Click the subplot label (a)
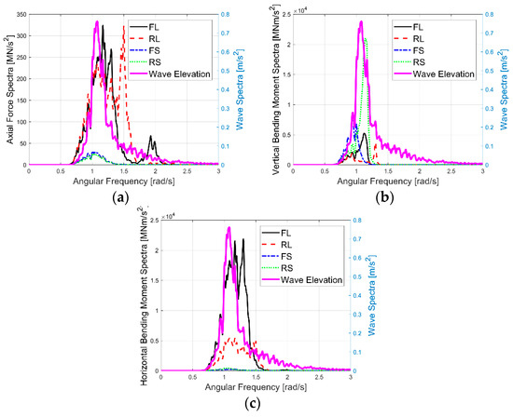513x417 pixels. click(x=120, y=197)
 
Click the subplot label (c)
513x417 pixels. click(x=254, y=403)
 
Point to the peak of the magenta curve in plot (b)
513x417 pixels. click(x=361, y=21)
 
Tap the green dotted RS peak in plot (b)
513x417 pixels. click(x=367, y=39)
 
